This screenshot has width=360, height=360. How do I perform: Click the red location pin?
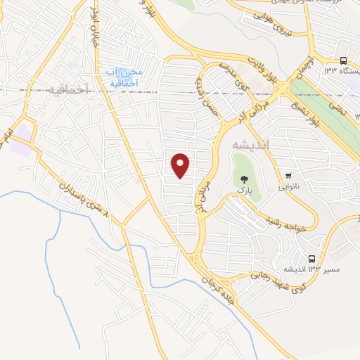pyautogui.click(x=181, y=165)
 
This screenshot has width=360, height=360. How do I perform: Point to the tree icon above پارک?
pyautogui.click(x=244, y=180)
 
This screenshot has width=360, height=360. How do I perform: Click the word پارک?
pyautogui.click(x=244, y=191)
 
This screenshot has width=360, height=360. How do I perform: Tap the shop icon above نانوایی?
pyautogui.click(x=289, y=176)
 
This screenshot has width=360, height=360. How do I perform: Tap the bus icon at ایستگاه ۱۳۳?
pyautogui.click(x=343, y=61)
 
